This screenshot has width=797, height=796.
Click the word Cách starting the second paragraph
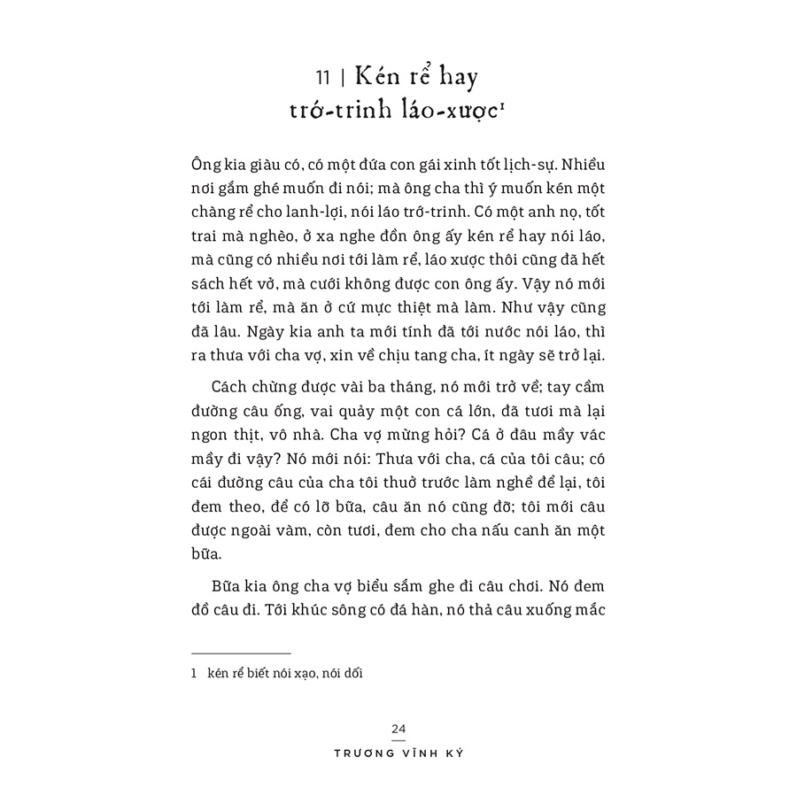pyautogui.click(x=232, y=390)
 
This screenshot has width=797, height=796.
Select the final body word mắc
pyautogui.click(x=587, y=612)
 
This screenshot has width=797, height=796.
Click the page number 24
pyautogui.click(x=398, y=728)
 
